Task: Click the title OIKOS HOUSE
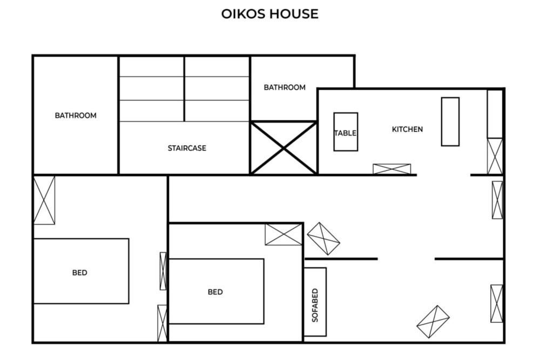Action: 269,14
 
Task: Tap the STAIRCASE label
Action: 187,148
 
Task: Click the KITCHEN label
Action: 407,130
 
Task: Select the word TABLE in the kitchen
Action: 346,133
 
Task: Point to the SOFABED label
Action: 315,305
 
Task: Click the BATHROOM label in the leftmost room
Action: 76,116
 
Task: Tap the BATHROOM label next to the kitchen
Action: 285,87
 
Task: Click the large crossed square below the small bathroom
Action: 283,148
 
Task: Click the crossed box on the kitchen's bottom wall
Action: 392,169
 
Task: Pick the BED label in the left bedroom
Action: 79,273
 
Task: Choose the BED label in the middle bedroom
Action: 215,292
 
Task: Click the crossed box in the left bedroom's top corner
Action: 44,200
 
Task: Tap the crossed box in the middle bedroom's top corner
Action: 283,235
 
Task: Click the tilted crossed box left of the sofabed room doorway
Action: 323,239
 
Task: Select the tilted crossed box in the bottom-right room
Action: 433,322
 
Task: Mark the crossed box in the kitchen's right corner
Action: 495,157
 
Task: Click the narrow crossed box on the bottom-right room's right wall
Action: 497,303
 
